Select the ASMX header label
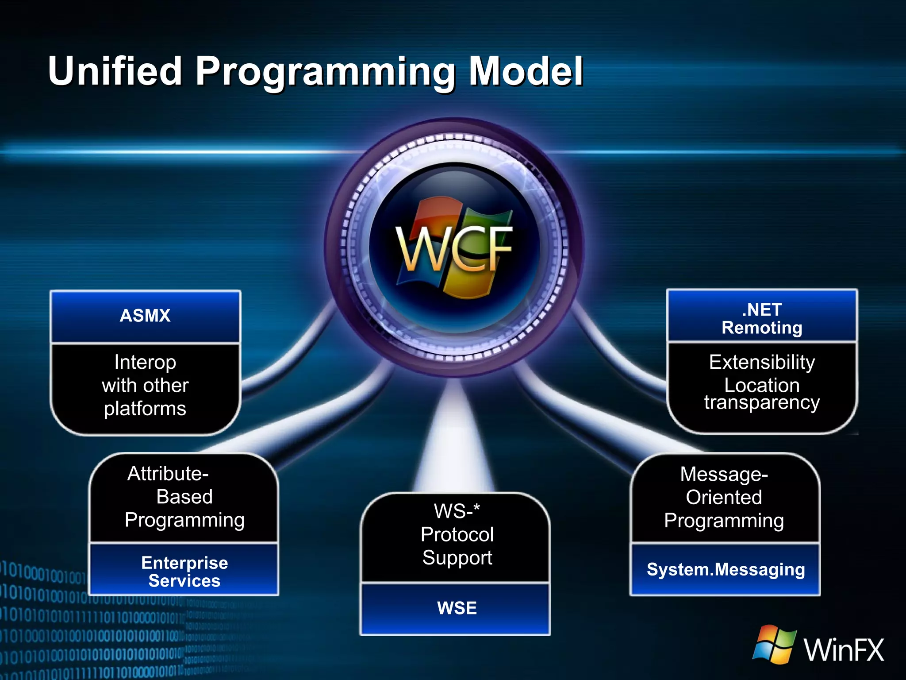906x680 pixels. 145,316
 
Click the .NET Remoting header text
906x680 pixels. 762,319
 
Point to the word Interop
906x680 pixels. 145,362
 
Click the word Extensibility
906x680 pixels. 762,362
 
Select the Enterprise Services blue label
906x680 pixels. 184,572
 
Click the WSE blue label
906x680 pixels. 457,608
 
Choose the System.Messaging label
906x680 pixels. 726,569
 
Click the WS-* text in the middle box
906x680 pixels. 457,511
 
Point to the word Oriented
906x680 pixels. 724,497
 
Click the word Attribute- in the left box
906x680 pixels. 168,474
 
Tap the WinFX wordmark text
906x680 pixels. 844,650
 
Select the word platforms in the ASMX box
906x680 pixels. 145,409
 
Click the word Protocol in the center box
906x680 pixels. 457,534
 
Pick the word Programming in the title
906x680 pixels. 325,72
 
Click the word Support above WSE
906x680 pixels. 457,558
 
